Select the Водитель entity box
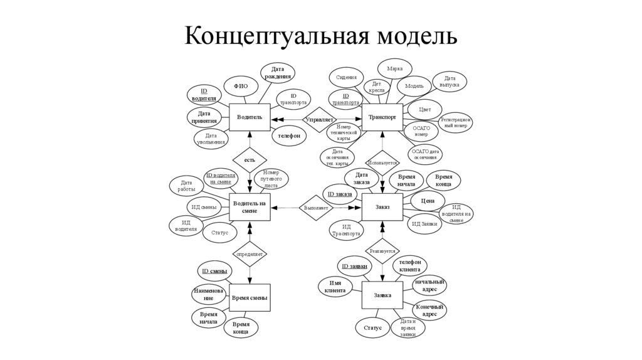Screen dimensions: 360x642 249,117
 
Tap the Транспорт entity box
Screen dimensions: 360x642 382,117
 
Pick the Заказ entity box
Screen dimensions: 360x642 382,206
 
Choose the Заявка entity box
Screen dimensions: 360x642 382,295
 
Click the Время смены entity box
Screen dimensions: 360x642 250,298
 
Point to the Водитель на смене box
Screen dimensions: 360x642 249,207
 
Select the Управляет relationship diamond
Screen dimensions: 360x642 319,119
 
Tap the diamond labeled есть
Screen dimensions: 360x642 250,160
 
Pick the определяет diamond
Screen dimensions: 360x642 250,254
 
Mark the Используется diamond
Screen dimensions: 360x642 382,162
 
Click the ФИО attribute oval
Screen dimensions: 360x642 241,87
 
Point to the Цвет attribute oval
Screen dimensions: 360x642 424,109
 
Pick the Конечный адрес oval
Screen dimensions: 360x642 429,310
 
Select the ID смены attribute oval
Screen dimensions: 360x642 214,272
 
